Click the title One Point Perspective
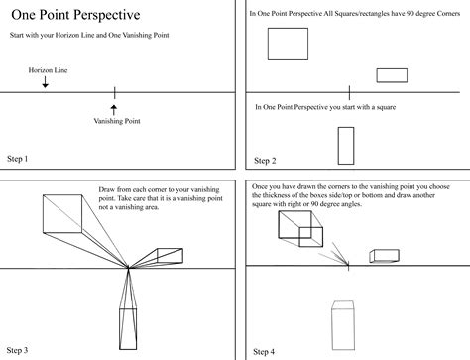click(74, 15)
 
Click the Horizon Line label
click(47, 71)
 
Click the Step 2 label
click(265, 160)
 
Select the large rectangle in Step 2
click(288, 44)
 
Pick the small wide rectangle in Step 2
click(392, 74)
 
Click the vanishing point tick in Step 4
click(348, 265)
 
